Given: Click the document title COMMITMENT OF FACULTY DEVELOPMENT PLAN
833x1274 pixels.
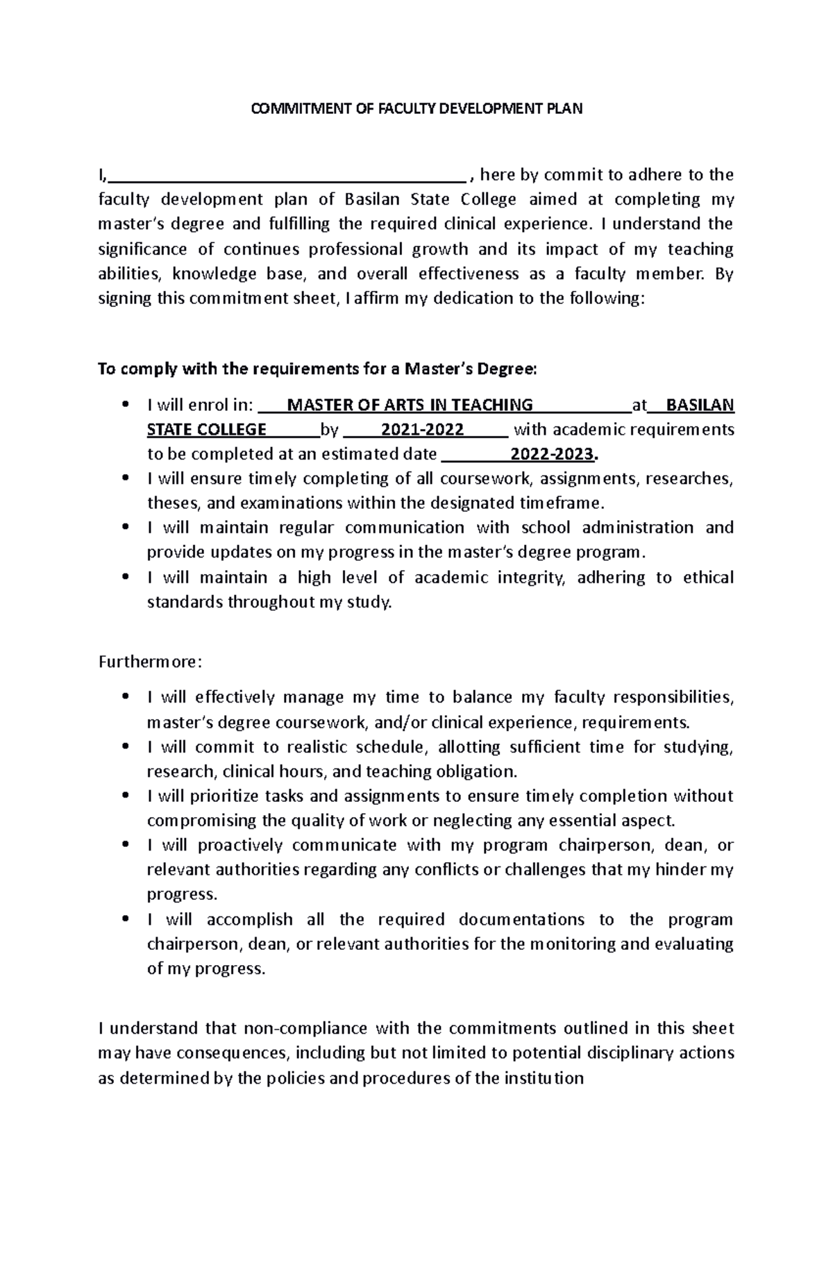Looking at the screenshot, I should (x=416, y=108).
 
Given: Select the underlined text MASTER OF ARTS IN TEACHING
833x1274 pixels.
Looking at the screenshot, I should (x=410, y=405).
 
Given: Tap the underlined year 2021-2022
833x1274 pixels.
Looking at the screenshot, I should (x=422, y=430).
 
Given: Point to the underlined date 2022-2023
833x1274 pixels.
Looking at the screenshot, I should (x=553, y=455).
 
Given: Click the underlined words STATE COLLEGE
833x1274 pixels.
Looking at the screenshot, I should (x=206, y=430).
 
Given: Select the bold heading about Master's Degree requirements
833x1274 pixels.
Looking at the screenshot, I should (x=317, y=369).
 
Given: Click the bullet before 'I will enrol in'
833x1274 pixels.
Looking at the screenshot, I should (x=125, y=405).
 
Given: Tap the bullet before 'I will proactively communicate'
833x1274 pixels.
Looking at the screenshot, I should (x=125, y=846).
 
